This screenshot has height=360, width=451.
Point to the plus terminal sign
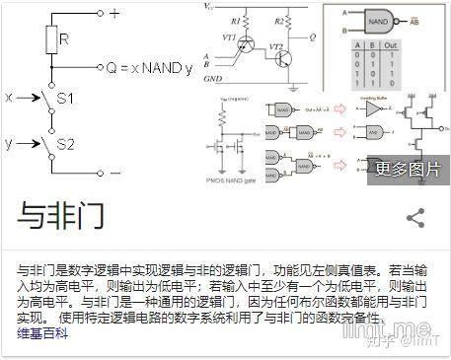(x=116, y=13)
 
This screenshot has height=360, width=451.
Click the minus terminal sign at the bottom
(x=115, y=172)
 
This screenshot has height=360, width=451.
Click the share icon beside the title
(x=415, y=218)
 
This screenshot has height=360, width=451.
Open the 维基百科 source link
(x=42, y=333)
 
